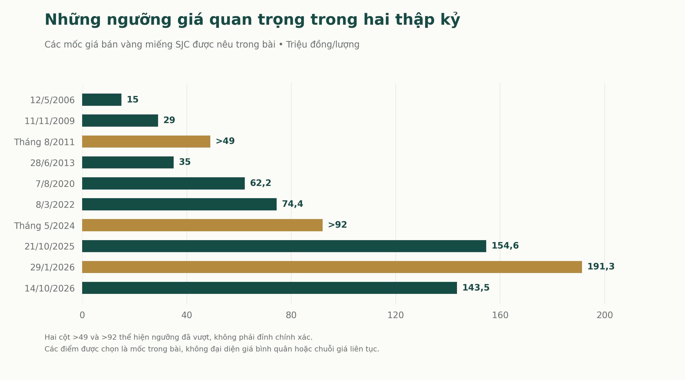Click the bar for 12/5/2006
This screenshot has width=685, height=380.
pyautogui.click(x=102, y=100)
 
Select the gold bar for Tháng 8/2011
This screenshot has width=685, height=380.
pyautogui.click(x=146, y=141)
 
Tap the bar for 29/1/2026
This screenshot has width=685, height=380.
pyautogui.click(x=332, y=267)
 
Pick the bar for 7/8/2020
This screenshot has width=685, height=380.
pyautogui.click(x=163, y=183)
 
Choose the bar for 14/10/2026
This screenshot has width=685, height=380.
pyautogui.click(x=270, y=288)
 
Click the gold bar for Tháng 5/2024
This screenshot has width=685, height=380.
pyautogui.click(x=202, y=225)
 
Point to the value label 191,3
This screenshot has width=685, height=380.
pyautogui.click(x=601, y=267)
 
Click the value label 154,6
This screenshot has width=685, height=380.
pyautogui.click(x=505, y=245)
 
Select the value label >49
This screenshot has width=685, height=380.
pyautogui.click(x=225, y=141)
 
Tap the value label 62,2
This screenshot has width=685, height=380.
pyautogui.click(x=261, y=183)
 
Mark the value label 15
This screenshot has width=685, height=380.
pyautogui.click(x=133, y=99)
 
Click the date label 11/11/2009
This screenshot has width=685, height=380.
pyautogui.click(x=50, y=121)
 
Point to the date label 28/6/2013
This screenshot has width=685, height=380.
pyautogui.click(x=52, y=163)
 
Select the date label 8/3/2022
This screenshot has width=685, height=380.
pyautogui.click(x=55, y=204)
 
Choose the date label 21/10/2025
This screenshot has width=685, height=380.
pyautogui.click(x=50, y=246)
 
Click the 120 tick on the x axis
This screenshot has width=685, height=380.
pyautogui.click(x=396, y=315)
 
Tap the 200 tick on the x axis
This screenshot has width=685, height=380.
pyautogui.click(x=605, y=315)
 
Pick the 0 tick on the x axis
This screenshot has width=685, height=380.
pyautogui.click(x=82, y=315)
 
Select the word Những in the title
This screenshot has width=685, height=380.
pyautogui.click(x=73, y=20)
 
